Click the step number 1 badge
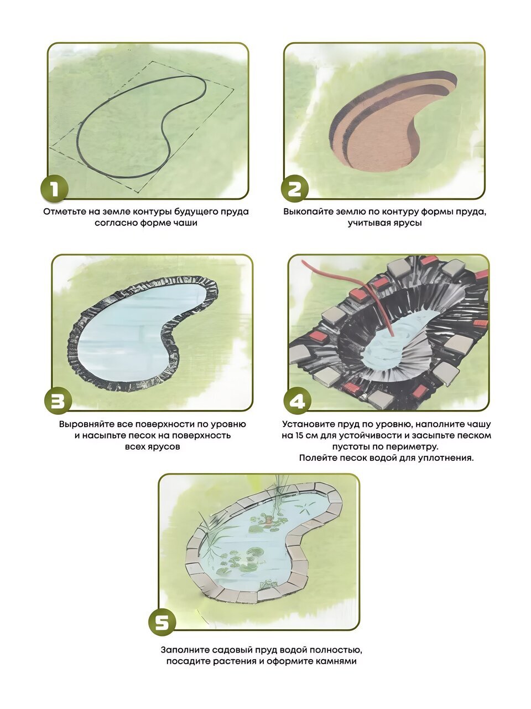[55, 189]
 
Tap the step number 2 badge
[294, 189]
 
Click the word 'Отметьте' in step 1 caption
[65, 212]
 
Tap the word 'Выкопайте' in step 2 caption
[309, 212]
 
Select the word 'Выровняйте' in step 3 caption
[86, 424]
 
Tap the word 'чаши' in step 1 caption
[186, 223]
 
